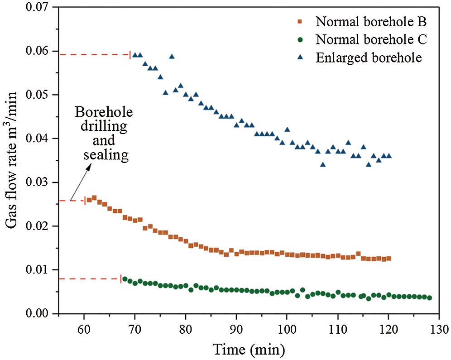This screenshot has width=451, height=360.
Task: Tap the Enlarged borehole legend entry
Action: (362, 58)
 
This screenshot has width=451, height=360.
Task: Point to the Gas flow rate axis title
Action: (12, 160)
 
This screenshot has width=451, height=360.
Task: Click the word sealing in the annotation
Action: (106, 155)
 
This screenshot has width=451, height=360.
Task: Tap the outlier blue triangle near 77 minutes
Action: (172, 57)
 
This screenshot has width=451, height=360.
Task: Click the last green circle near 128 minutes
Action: (429, 298)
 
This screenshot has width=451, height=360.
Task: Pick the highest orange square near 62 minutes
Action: (94, 197)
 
